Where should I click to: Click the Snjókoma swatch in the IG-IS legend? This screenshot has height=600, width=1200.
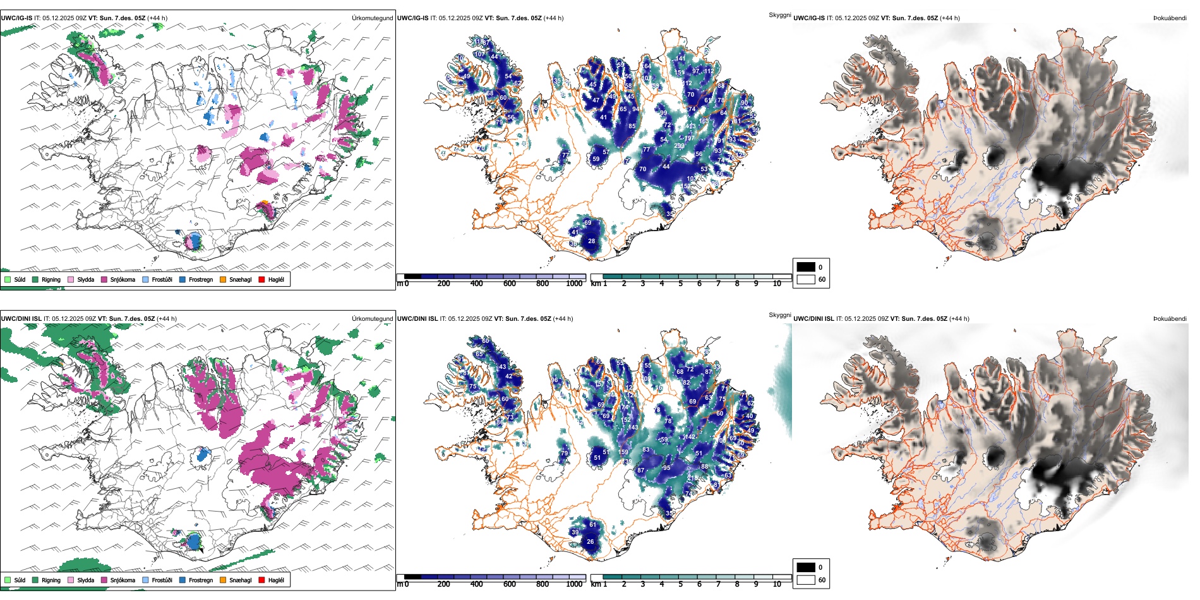click(x=104, y=279)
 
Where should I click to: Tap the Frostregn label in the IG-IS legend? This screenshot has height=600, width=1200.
click(x=200, y=279)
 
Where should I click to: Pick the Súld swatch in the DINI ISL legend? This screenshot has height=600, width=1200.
click(x=8, y=580)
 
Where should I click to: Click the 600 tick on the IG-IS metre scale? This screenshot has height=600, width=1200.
click(x=510, y=284)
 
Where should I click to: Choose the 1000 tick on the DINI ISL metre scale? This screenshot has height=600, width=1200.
click(x=574, y=584)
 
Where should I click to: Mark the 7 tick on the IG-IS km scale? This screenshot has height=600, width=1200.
click(x=718, y=284)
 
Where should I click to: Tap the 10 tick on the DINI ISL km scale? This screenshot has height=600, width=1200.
click(x=777, y=584)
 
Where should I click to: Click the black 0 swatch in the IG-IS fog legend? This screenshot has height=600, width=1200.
click(x=806, y=267)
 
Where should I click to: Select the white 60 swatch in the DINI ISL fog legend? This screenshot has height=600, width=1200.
click(x=806, y=580)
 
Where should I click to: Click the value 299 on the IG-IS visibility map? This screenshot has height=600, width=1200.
click(x=679, y=146)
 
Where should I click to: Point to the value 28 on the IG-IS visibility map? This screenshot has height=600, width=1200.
click(x=592, y=241)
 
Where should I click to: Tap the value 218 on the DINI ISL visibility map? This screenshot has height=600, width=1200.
click(x=693, y=478)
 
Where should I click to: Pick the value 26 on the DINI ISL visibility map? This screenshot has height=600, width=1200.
click(x=591, y=541)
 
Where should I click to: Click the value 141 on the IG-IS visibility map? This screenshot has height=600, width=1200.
click(x=680, y=58)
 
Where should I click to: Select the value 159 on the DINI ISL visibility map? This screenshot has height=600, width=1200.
click(x=623, y=452)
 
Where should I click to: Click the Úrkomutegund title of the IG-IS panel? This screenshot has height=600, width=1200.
click(x=372, y=18)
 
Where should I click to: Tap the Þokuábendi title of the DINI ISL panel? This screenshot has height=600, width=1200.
click(x=1170, y=319)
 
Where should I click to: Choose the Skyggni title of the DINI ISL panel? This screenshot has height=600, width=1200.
click(x=780, y=315)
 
